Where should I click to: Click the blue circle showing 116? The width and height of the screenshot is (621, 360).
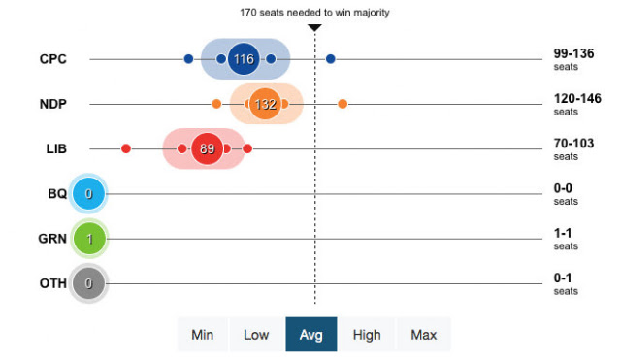click(x=244, y=59)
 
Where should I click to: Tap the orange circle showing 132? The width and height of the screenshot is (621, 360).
click(x=265, y=104)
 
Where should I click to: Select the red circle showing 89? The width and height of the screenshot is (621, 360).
click(x=207, y=148)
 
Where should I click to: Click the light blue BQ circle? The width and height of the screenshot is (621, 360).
click(x=88, y=194)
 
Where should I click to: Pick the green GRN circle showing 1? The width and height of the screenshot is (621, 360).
click(x=89, y=239)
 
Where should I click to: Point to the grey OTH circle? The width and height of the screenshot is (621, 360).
click(x=88, y=283)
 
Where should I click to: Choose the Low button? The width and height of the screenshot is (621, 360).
click(x=256, y=335)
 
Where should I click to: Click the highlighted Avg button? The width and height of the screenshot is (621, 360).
click(x=311, y=334)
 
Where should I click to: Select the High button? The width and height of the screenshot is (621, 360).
click(x=367, y=335)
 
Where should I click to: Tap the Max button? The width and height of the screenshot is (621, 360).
click(x=424, y=335)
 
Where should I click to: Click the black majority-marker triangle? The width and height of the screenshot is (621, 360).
click(x=314, y=28)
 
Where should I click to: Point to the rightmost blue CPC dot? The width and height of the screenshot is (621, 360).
click(x=331, y=59)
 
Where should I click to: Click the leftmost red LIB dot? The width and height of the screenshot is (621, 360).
click(x=126, y=148)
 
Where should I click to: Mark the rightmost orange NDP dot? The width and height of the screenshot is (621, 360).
click(x=343, y=104)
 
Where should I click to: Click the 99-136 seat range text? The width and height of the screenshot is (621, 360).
click(x=573, y=53)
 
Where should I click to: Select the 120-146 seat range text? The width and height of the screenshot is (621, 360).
click(x=577, y=98)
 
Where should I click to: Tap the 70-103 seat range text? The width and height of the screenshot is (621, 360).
click(x=573, y=143)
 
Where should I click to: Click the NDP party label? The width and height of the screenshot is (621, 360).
click(x=53, y=104)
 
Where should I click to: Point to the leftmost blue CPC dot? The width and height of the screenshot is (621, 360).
click(x=188, y=59)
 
